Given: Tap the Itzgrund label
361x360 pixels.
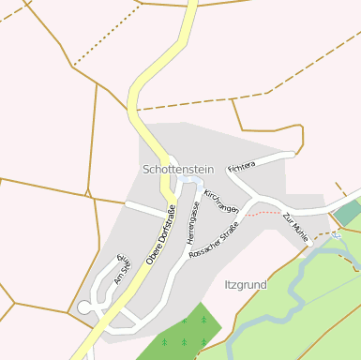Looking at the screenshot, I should coord(247,283).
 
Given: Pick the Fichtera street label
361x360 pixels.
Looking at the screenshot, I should coord(241,166).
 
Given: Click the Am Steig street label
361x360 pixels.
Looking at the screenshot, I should coord(121,268).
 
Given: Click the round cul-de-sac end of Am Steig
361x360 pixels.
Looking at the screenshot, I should coord(84,307).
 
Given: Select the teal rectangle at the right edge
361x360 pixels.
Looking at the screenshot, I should coord(348,212).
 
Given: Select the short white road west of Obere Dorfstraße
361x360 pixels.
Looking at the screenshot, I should coord(146,208).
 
